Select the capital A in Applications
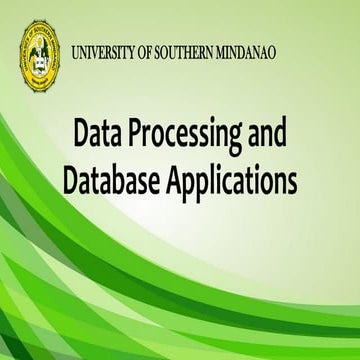(x=183, y=182)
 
